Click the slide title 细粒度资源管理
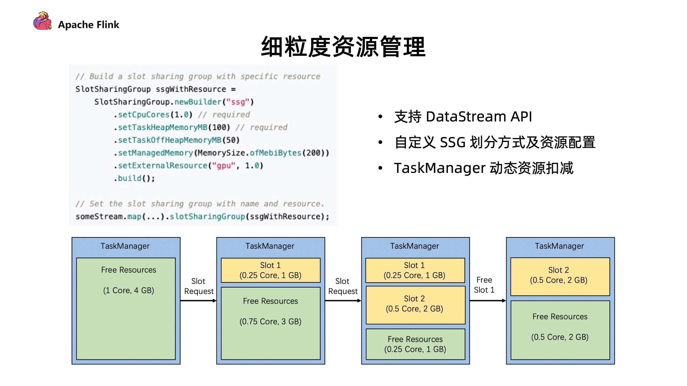tap(343, 47)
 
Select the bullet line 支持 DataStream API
tap(463, 117)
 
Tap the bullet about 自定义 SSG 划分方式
tap(495, 142)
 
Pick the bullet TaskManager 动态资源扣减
tap(483, 168)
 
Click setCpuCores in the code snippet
tap(144, 115)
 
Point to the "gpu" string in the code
tap(223, 166)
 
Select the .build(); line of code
tap(134, 178)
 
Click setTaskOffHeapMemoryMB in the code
tap(169, 140)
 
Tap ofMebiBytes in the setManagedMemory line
tap(275, 153)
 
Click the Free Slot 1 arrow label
tap(484, 285)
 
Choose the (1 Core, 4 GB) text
tap(129, 290)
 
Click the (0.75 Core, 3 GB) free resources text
tap(270, 321)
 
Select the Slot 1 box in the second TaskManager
tap(270, 270)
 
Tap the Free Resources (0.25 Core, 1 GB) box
tap(415, 344)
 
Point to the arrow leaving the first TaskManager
tap(198, 301)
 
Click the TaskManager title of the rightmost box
tap(559, 246)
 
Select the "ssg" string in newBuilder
tap(238, 102)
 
